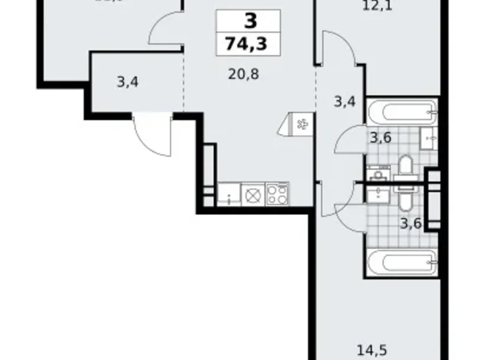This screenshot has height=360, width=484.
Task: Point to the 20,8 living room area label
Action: pos(244,75)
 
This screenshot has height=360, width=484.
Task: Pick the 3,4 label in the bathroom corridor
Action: pos(344,101)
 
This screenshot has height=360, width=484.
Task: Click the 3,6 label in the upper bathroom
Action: pos(380,138)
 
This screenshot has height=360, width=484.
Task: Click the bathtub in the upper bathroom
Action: pos(400,114)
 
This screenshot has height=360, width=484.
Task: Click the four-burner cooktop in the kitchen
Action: pos(277,195)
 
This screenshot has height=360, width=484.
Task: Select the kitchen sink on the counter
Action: pos(229,195)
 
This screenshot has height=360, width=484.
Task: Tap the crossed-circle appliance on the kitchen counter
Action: pos(253,195)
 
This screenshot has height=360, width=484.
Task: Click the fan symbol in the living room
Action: pos(303,125)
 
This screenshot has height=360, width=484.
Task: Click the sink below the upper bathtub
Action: pos(429,137)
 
